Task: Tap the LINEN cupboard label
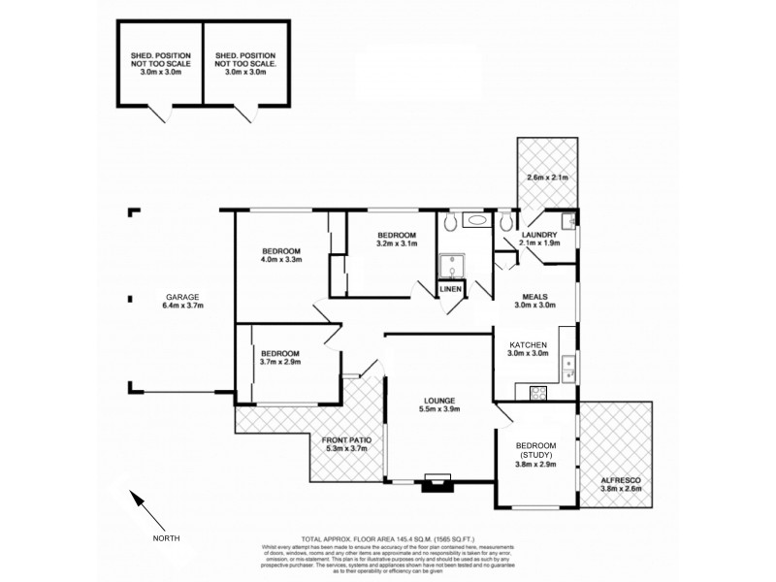(450, 289)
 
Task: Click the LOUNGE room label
(440, 401)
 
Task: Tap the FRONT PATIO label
(346, 439)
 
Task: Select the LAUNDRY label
(538, 235)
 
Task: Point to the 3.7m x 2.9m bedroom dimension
(280, 362)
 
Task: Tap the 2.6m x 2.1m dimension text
(546, 178)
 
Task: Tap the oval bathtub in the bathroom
(478, 221)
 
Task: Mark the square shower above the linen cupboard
(450, 265)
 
